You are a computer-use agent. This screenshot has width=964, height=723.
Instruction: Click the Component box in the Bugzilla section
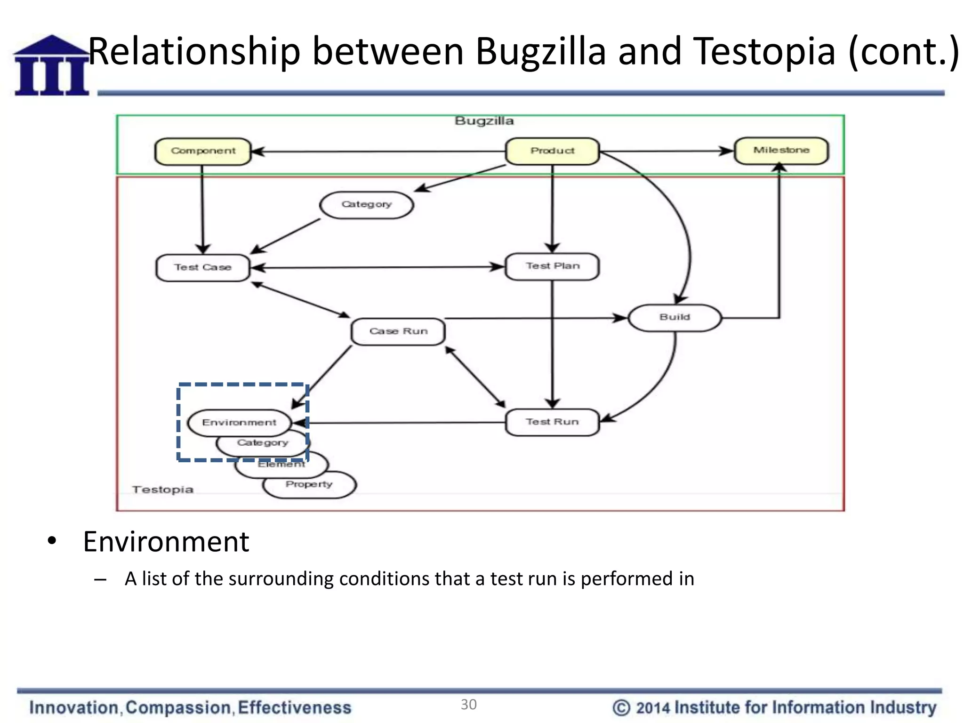203,151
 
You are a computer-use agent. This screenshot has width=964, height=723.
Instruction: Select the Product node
552,151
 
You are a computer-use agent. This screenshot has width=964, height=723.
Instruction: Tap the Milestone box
781,151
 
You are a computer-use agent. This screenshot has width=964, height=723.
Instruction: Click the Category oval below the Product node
366,205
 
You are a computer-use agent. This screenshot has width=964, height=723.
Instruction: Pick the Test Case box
202,268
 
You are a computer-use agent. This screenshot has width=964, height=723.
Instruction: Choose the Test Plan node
552,266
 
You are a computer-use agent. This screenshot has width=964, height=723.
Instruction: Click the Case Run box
398,331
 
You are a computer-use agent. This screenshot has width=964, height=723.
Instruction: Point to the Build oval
675,318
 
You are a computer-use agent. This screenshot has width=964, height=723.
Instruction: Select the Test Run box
552,422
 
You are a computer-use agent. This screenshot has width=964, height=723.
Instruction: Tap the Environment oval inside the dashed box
239,423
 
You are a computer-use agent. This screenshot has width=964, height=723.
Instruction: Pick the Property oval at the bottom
309,485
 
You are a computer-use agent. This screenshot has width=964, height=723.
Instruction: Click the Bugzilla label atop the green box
484,121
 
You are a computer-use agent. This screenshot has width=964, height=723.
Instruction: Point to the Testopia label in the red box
163,490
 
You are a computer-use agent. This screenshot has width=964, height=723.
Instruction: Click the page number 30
468,705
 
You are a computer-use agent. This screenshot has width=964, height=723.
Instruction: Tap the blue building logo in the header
51,65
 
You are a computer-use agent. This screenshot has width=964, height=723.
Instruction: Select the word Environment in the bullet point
166,542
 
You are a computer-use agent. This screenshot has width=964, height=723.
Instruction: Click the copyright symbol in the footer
621,708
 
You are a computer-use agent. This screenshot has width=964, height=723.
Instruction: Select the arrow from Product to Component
377,152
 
